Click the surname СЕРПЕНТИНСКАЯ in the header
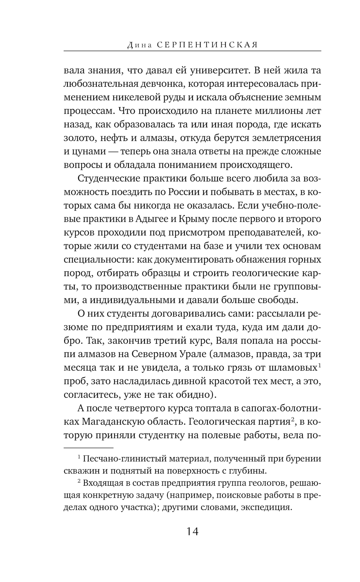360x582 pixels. coord(208,45)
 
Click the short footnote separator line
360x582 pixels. coord(89,448)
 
